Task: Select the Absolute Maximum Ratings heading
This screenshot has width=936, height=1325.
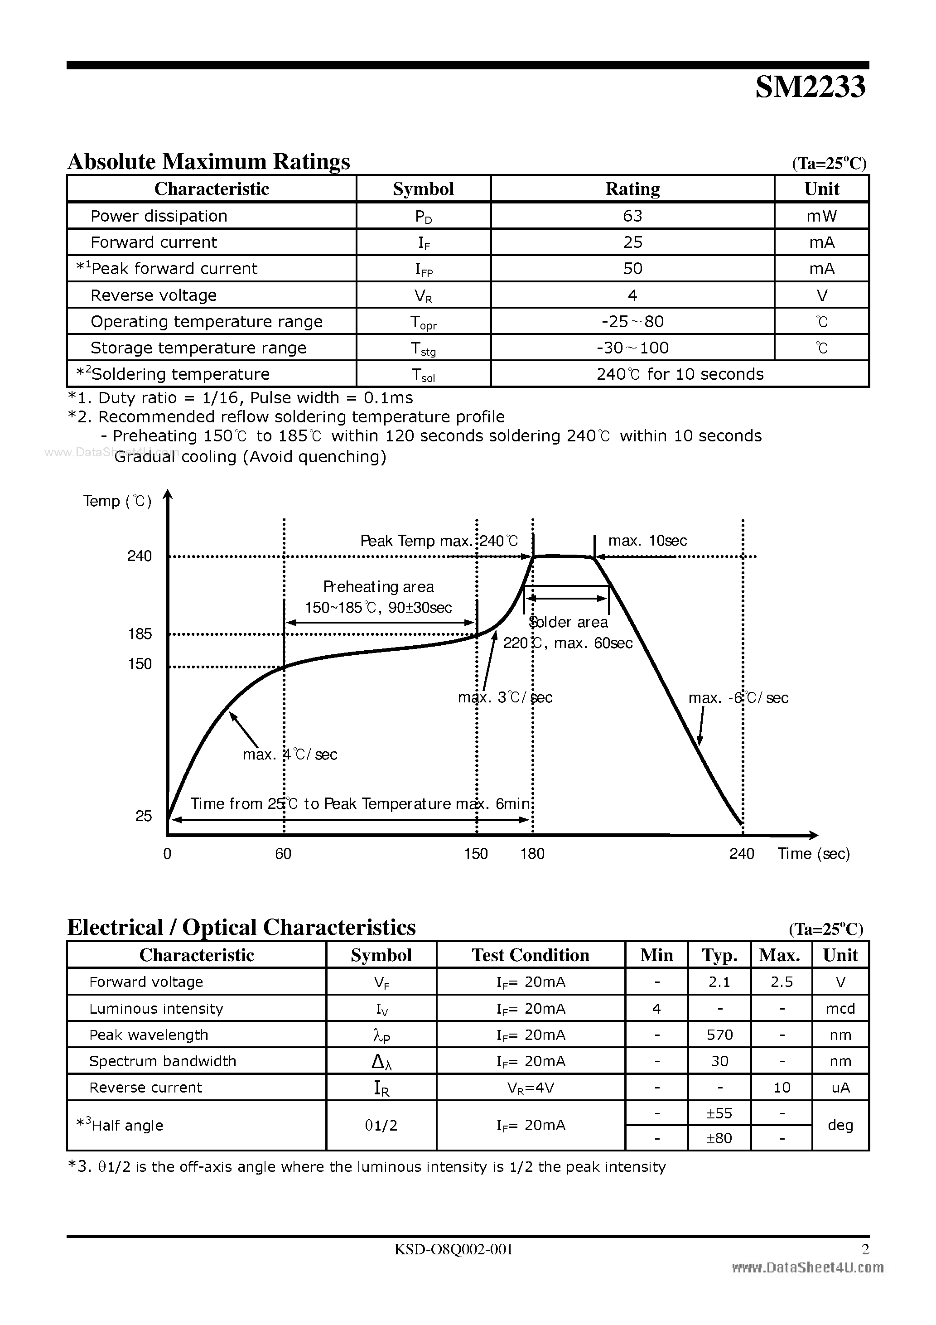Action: (x=209, y=162)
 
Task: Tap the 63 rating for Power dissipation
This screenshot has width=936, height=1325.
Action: (x=632, y=216)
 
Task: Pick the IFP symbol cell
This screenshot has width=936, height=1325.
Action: (x=424, y=269)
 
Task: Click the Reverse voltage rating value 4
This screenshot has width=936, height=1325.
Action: (x=632, y=295)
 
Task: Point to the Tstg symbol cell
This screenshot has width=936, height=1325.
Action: (x=424, y=348)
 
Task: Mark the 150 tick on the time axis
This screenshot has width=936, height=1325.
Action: (x=476, y=854)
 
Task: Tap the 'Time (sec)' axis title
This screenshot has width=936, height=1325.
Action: (x=814, y=854)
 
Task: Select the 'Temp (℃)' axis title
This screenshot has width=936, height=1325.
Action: (x=117, y=501)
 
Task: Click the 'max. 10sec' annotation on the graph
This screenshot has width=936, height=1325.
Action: (x=647, y=541)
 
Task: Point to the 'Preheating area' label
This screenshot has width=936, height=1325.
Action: (x=379, y=587)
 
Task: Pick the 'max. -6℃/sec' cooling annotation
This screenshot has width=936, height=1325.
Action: (x=738, y=698)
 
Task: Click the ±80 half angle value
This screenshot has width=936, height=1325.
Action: (x=719, y=1138)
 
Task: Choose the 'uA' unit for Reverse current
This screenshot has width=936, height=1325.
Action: (x=840, y=1088)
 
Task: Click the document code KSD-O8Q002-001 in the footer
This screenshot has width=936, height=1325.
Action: (x=454, y=1249)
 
